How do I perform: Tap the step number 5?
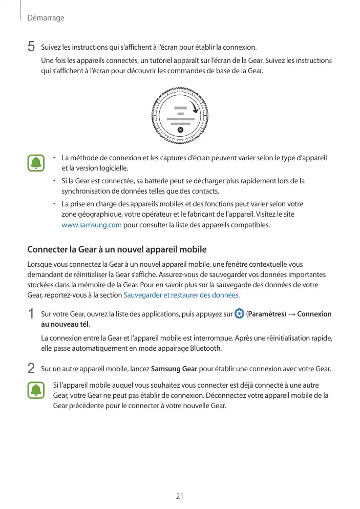[x=31, y=47]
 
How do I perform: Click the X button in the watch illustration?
[x=180, y=130]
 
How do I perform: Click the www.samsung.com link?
[x=91, y=225]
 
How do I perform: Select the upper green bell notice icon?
[x=36, y=163]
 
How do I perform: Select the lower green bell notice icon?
[x=36, y=390]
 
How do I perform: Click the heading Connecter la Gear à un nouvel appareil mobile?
[x=117, y=250]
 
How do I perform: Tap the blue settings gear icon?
[x=239, y=313]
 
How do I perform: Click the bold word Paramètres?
[x=266, y=314]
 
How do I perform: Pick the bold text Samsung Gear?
[x=175, y=369]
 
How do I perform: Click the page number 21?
[x=180, y=496]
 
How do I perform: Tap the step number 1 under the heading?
[x=31, y=313]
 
